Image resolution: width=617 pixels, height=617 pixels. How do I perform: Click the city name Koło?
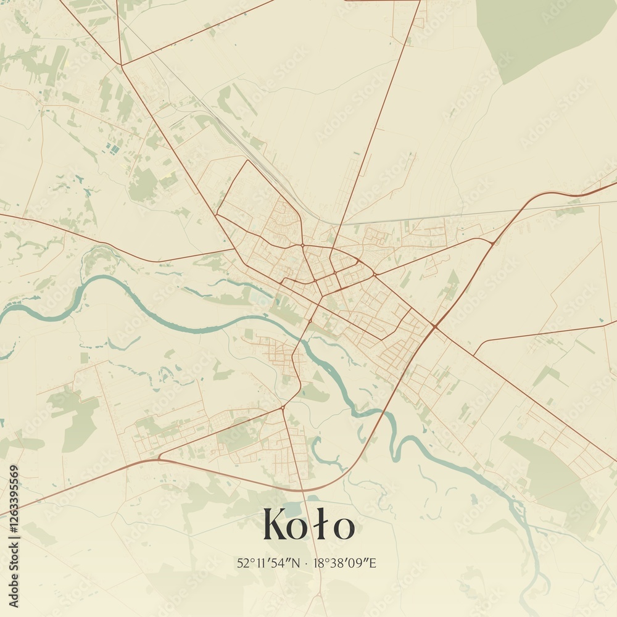point(308,525)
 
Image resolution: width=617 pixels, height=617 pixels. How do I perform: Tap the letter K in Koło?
point(277,525)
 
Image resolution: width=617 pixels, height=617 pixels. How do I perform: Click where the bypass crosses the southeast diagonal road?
point(436,325)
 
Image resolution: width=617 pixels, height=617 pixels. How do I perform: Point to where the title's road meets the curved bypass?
point(304,491)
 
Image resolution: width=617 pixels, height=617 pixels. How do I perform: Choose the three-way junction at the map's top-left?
point(121,65)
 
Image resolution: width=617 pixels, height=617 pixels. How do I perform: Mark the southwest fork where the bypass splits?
point(159,458)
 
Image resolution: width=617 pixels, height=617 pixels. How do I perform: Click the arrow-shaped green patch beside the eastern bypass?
point(452,284)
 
